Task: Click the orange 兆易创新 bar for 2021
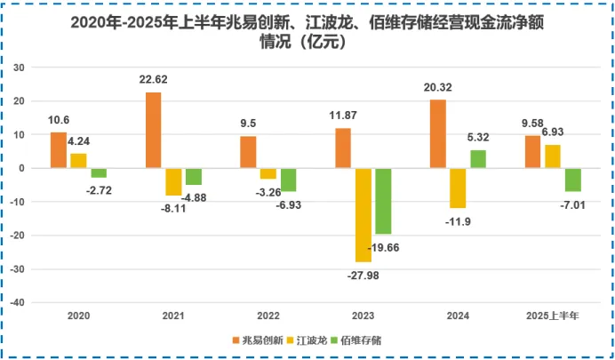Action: point(154,130)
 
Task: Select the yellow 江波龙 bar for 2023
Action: point(363,214)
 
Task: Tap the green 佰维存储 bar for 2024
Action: point(478,159)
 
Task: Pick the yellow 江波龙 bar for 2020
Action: point(78,161)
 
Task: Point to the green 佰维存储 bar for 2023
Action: point(383,201)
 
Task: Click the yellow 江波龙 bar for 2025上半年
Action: point(553,156)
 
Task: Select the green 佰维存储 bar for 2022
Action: point(288,180)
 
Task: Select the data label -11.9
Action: point(458,220)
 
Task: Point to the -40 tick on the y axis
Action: point(20,302)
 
